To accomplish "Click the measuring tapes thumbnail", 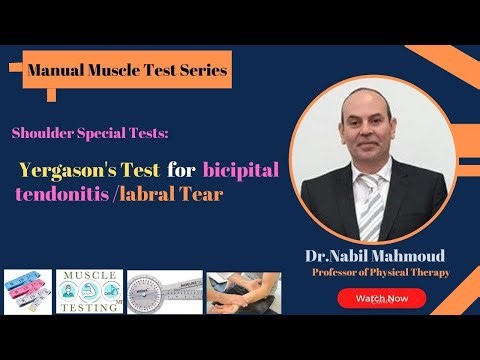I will coord(28,290).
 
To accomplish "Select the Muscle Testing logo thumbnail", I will coord(90,290).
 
